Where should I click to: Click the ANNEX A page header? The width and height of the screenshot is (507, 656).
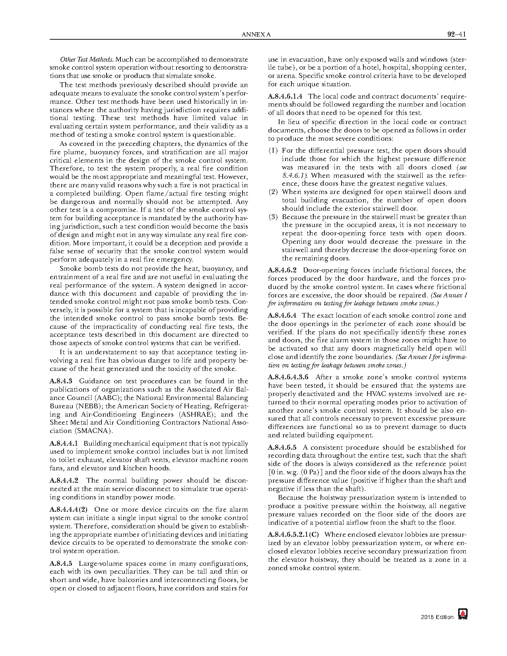256,35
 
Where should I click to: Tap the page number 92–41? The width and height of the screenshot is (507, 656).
456,34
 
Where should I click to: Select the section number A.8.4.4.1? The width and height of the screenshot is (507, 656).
64,443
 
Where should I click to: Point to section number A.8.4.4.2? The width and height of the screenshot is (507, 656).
64,480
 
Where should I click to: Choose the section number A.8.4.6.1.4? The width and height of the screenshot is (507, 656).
285,96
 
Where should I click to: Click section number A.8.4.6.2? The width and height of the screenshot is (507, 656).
282,270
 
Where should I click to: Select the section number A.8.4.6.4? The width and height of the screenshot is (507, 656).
282,315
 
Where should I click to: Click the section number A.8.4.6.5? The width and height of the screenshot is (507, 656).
282,447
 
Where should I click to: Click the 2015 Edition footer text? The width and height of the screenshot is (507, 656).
437,617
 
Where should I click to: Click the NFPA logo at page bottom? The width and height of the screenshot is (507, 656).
462,614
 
